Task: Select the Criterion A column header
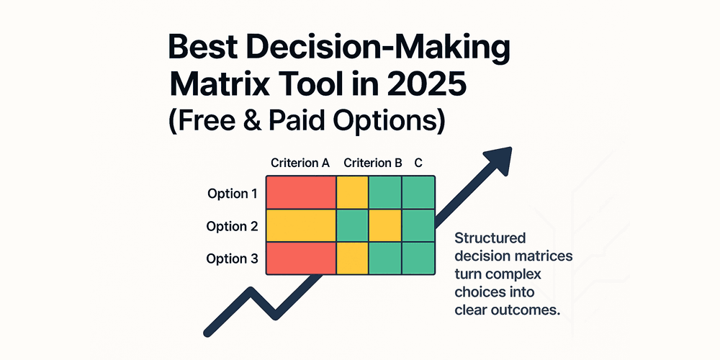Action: (x=300, y=163)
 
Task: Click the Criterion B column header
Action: (x=373, y=163)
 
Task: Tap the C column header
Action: (x=418, y=163)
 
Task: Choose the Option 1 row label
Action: (x=232, y=194)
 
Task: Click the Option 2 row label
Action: (x=232, y=226)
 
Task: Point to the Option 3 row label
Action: (x=232, y=258)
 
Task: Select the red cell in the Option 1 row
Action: (x=301, y=192)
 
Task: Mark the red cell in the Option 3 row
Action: (x=301, y=258)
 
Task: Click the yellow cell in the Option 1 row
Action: (x=352, y=192)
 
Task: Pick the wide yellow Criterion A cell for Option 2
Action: (x=301, y=225)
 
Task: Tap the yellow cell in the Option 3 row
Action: (x=352, y=258)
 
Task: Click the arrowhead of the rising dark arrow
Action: (x=498, y=159)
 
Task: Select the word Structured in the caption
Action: (x=490, y=238)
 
